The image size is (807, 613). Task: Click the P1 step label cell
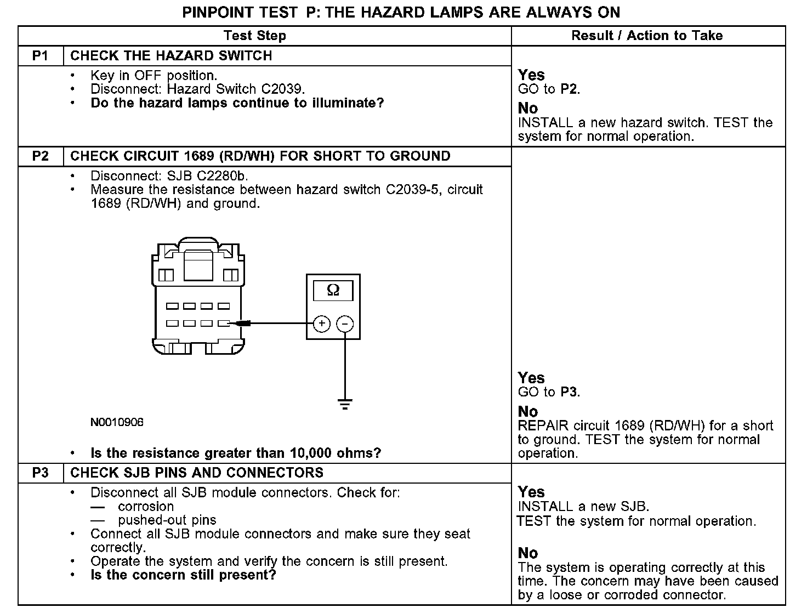pyautogui.click(x=41, y=56)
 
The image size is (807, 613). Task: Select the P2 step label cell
pyautogui.click(x=41, y=156)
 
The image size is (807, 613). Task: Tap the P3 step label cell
pyautogui.click(x=41, y=473)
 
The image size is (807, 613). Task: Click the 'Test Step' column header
pyautogui.click(x=255, y=36)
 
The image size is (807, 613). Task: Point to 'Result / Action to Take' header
pyautogui.click(x=647, y=36)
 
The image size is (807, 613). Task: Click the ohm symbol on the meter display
pyautogui.click(x=333, y=291)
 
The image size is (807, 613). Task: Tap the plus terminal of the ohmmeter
pyautogui.click(x=322, y=323)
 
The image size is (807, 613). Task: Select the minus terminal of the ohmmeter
pyautogui.click(x=345, y=323)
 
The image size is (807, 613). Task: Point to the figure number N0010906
pyautogui.click(x=117, y=422)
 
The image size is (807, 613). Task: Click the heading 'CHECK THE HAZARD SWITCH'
pyautogui.click(x=171, y=56)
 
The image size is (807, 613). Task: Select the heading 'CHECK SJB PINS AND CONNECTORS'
pyautogui.click(x=197, y=473)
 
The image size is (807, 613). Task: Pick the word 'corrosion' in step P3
pyautogui.click(x=146, y=507)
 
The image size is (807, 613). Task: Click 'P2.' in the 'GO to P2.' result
pyautogui.click(x=570, y=89)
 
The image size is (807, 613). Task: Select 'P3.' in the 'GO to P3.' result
pyautogui.click(x=570, y=392)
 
